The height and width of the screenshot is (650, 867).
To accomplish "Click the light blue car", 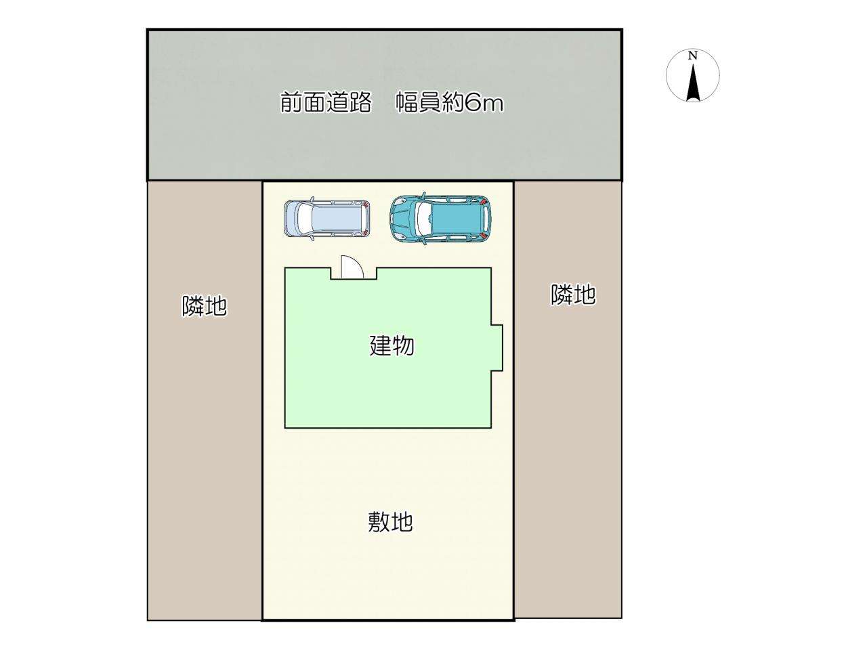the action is (326, 218).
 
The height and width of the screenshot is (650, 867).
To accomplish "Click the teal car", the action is (440, 219).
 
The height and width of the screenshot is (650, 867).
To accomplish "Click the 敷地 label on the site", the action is (390, 522).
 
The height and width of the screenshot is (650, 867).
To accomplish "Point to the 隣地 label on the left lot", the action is (204, 306).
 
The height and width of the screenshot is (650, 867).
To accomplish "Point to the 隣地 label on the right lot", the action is (573, 295).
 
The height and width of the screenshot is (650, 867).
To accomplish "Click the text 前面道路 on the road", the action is (326, 103).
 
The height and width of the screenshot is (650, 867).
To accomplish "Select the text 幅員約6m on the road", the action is (450, 103).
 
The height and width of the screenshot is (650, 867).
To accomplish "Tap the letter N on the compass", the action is (692, 56).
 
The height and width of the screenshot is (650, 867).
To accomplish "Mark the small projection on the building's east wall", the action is (497, 348).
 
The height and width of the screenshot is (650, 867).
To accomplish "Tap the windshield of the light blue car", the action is (303, 218).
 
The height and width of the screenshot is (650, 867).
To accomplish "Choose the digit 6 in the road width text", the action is (472, 104).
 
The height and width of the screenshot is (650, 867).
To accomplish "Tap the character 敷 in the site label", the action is (379, 522).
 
